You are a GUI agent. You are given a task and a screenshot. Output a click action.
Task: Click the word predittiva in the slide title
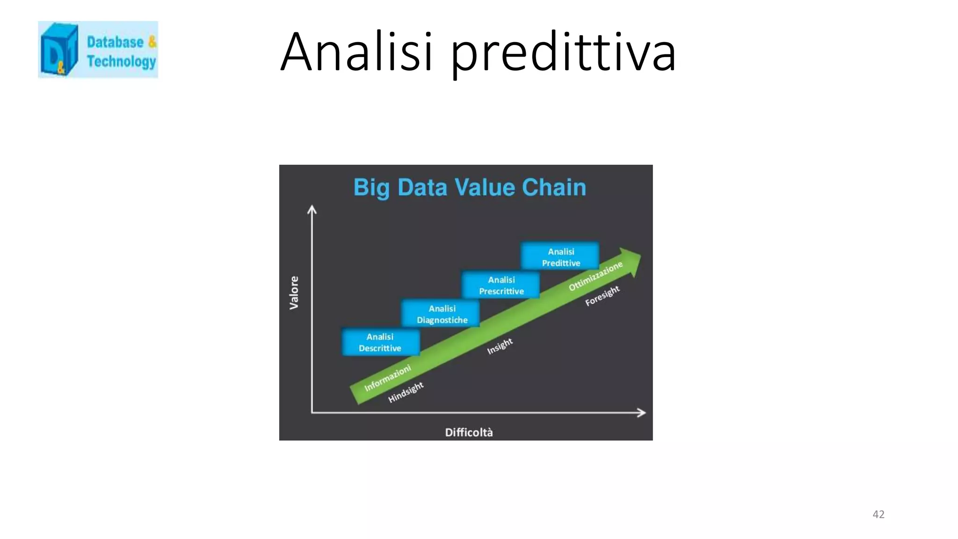563,52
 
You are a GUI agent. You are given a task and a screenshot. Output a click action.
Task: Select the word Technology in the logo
121,61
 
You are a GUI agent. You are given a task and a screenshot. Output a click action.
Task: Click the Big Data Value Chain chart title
469,187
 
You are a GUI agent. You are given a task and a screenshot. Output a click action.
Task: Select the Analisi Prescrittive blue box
501,285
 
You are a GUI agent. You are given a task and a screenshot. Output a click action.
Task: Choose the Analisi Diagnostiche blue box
442,314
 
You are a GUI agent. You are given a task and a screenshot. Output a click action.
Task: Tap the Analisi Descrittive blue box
380,342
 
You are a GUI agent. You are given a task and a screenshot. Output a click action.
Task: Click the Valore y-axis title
294,292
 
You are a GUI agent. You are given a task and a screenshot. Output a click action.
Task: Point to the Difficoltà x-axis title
469,432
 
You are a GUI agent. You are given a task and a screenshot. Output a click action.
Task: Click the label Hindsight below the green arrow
406,392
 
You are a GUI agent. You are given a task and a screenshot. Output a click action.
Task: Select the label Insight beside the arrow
500,346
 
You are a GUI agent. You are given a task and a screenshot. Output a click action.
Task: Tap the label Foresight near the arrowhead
602,296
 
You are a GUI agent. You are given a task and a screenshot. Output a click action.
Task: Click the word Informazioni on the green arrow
387,378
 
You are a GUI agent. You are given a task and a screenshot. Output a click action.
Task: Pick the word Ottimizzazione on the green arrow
595,276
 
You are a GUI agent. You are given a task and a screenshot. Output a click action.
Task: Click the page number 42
878,514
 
